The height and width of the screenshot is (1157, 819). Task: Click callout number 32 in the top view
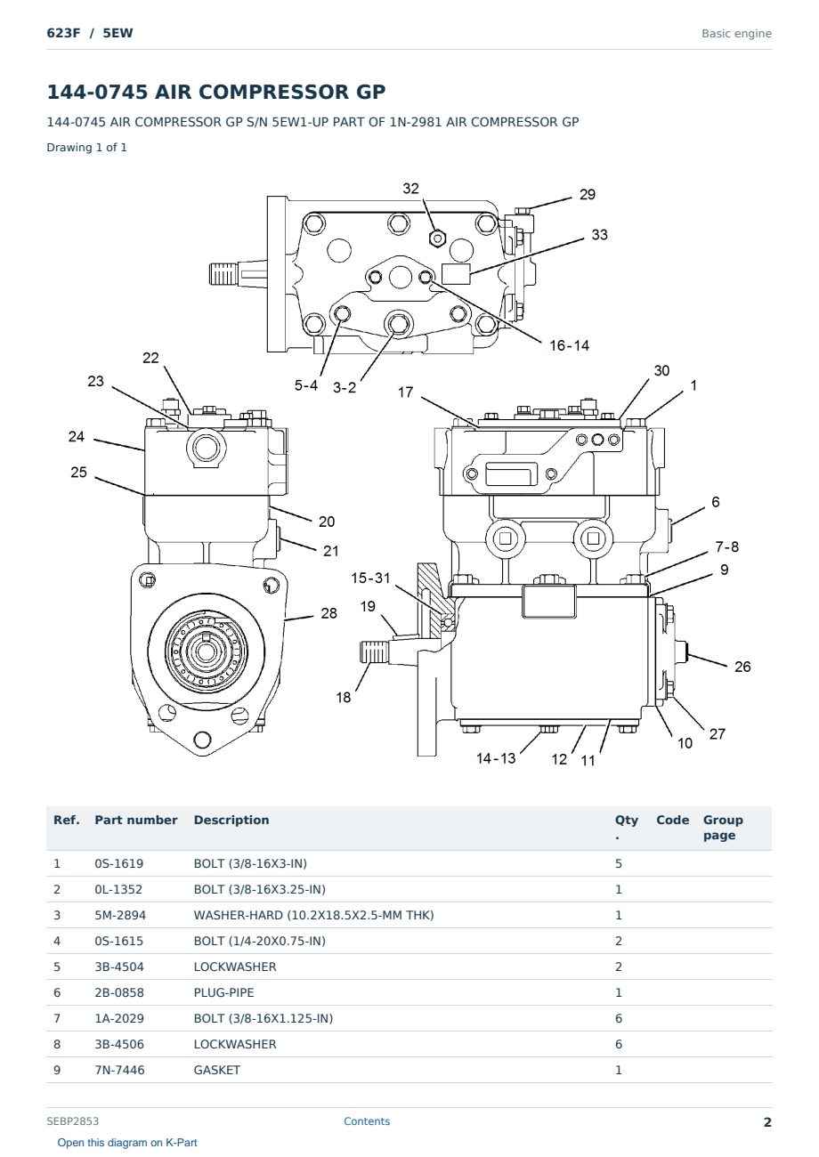click(x=410, y=189)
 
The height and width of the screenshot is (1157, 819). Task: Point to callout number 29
click(x=588, y=195)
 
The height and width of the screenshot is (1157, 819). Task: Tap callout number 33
click(x=599, y=235)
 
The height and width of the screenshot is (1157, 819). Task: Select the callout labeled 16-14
click(x=569, y=345)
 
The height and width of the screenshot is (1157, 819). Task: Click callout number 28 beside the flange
click(x=328, y=613)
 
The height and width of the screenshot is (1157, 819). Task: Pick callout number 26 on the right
click(x=742, y=667)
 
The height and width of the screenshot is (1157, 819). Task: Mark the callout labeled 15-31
click(x=370, y=578)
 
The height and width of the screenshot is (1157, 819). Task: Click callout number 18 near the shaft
click(x=343, y=698)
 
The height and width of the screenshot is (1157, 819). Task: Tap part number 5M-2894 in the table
click(x=120, y=915)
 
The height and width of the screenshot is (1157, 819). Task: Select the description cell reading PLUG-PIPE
click(x=223, y=992)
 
